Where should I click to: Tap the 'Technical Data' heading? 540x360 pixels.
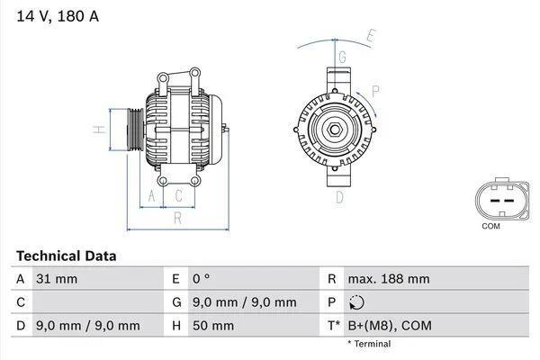[66, 256]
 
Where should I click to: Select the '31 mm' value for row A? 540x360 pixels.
[56, 279]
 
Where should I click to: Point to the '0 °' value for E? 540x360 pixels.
[202, 279]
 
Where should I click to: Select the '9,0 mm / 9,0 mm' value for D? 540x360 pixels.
[87, 326]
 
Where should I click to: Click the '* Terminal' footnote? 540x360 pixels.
[369, 344]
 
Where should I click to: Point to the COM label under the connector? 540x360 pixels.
[490, 226]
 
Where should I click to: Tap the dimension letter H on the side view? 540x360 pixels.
[101, 130]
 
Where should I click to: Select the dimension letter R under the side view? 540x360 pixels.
[177, 217]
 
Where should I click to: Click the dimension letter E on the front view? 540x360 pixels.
[369, 37]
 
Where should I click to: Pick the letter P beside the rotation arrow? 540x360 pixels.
[375, 90]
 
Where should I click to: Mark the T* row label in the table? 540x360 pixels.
[334, 326]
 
